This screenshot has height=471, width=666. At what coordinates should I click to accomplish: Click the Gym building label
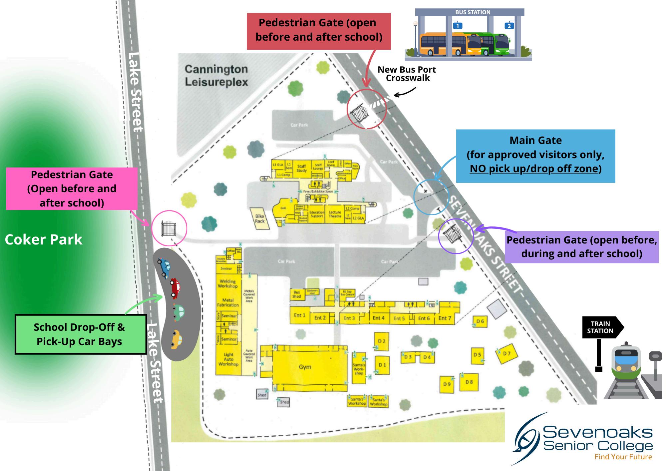(x=305, y=367)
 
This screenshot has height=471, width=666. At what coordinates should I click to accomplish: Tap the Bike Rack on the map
(x=260, y=219)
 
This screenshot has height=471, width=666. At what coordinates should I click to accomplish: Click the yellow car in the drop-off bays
(x=176, y=339)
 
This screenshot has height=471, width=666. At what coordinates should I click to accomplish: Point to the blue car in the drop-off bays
(x=165, y=267)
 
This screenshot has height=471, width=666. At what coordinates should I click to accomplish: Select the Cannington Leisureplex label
(x=216, y=75)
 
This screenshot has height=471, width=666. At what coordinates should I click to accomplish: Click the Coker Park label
(x=44, y=239)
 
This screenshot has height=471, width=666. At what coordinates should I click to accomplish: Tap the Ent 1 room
(x=299, y=315)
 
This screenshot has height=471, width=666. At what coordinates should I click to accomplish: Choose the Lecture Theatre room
(x=335, y=214)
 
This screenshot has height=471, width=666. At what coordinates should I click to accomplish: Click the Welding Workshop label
(x=228, y=283)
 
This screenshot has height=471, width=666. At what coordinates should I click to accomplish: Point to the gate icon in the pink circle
(x=169, y=229)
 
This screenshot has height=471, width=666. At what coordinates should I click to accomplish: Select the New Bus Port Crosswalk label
(x=407, y=74)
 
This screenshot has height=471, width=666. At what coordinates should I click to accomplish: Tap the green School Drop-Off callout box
(x=80, y=334)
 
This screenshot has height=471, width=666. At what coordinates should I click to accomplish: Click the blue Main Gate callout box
(x=535, y=156)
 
